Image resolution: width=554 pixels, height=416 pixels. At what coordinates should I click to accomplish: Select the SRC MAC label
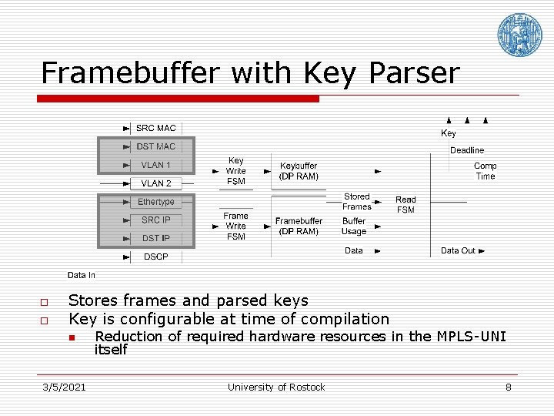click(155, 128)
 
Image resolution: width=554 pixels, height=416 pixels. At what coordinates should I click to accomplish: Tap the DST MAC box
click(156, 146)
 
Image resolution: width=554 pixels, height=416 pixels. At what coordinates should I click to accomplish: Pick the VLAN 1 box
click(156, 165)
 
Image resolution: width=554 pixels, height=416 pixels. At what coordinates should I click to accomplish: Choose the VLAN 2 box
click(156, 183)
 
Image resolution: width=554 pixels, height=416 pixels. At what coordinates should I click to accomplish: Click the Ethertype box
click(156, 202)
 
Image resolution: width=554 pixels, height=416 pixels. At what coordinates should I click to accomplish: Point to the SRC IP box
click(156, 220)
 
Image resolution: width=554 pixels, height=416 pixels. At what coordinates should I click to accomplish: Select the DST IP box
click(156, 239)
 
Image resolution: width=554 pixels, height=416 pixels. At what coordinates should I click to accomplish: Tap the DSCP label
click(155, 257)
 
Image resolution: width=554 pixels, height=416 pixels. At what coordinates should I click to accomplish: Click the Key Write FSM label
click(235, 171)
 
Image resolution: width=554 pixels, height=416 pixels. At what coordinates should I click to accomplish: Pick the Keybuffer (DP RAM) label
click(299, 171)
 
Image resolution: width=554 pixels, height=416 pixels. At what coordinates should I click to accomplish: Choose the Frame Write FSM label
click(235, 226)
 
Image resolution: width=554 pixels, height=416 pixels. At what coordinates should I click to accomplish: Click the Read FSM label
click(405, 205)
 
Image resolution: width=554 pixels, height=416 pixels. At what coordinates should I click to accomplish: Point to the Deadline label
click(467, 150)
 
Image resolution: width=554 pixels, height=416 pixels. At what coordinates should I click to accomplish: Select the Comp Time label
click(486, 171)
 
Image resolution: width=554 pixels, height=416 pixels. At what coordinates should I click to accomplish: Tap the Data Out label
click(458, 250)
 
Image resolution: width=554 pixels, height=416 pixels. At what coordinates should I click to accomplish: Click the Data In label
click(82, 275)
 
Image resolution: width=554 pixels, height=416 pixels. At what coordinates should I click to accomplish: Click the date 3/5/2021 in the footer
click(64, 387)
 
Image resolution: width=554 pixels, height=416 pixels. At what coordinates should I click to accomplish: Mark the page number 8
click(508, 387)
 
